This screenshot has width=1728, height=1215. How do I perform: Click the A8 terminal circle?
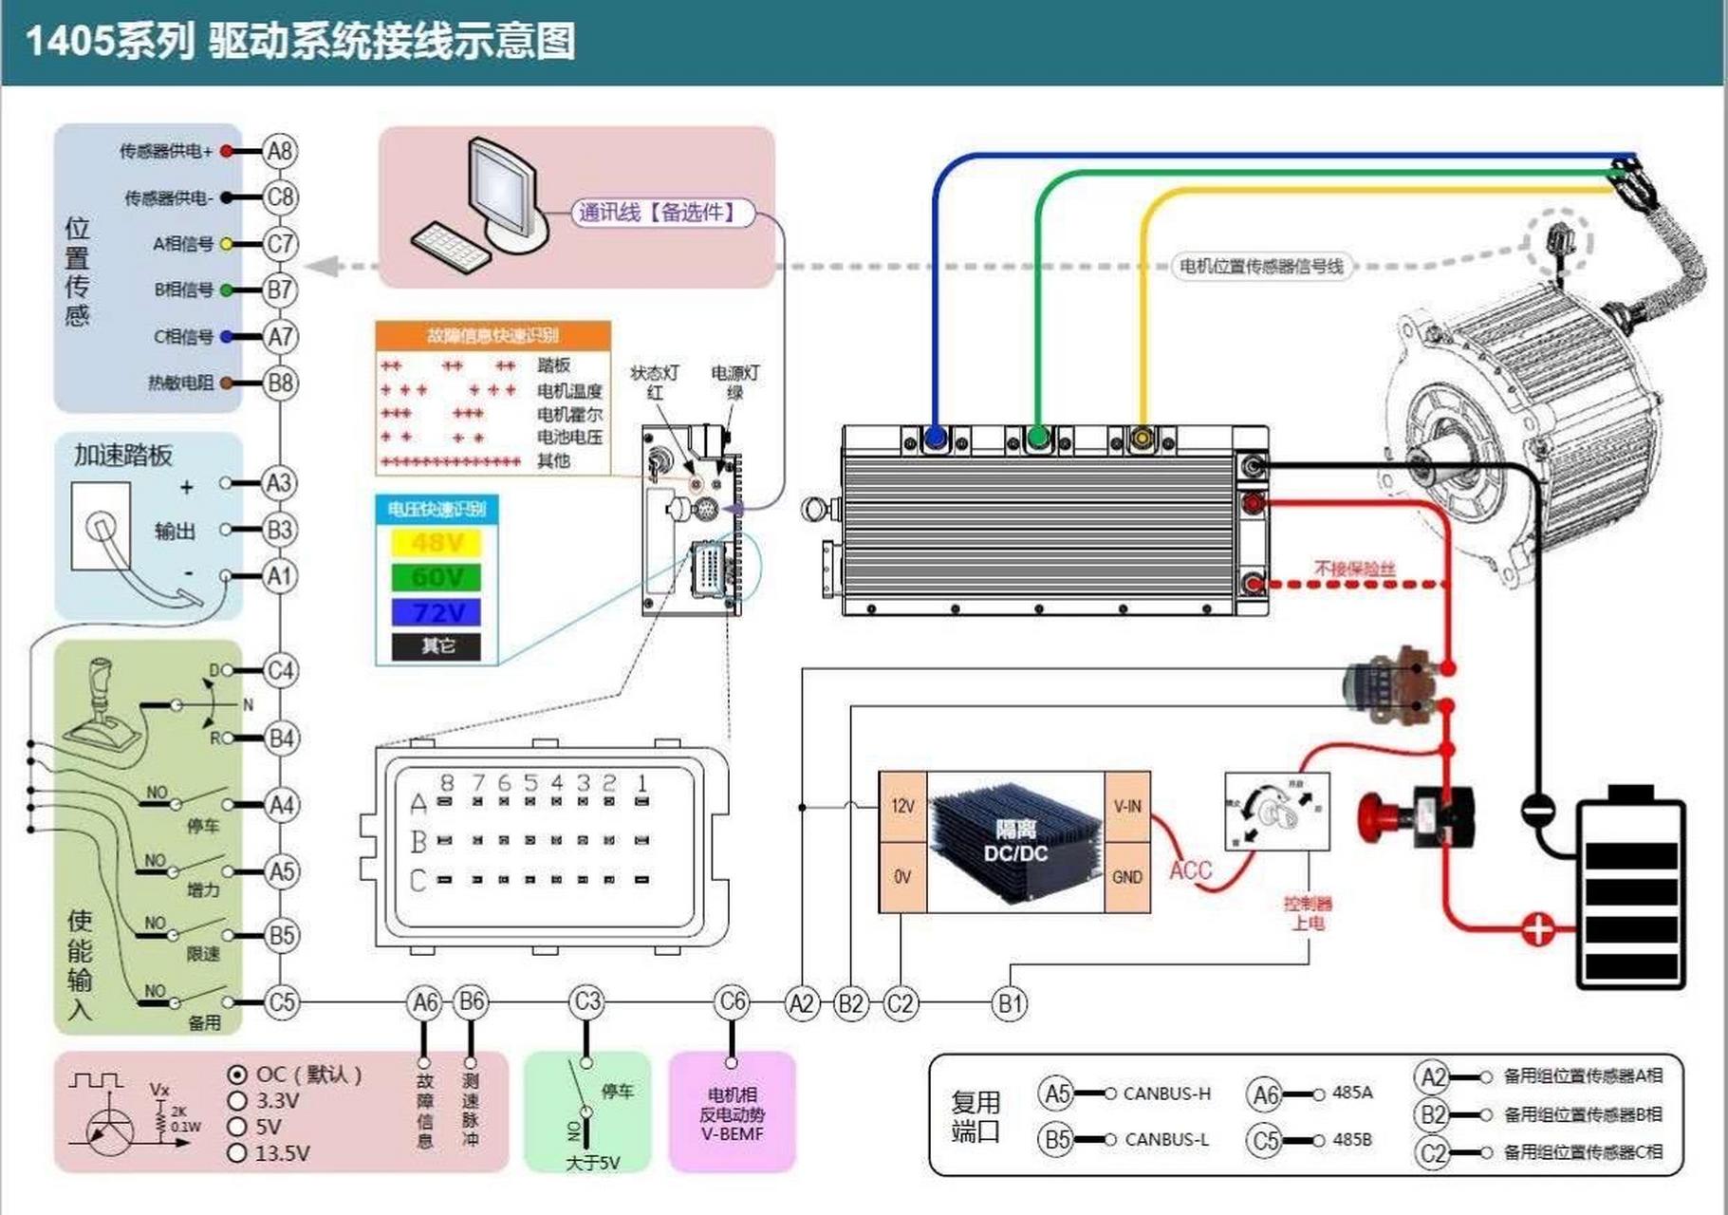pyautogui.click(x=280, y=151)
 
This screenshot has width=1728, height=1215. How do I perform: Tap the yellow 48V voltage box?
pyautogui.click(x=436, y=543)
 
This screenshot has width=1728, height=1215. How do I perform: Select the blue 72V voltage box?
pyautogui.click(x=436, y=612)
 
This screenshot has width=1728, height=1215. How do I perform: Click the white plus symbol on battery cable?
pyautogui.click(x=1536, y=928)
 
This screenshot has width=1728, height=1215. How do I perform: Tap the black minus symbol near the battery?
pyautogui.click(x=1537, y=809)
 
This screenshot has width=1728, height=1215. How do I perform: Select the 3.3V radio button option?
pyautogui.click(x=237, y=1101)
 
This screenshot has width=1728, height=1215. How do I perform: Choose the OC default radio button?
pyautogui.click(x=237, y=1075)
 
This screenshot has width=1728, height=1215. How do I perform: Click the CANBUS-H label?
pyautogui.click(x=1166, y=1093)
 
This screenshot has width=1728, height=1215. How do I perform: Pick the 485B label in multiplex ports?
pyautogui.click(x=1351, y=1139)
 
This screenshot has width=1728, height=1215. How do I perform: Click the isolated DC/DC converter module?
pyautogui.click(x=1015, y=842)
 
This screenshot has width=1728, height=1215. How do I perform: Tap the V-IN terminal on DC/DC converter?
pyautogui.click(x=1127, y=807)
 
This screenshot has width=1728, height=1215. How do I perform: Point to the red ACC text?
pyautogui.click(x=1190, y=869)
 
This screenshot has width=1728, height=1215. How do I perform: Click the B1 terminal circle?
pyautogui.click(x=1010, y=1003)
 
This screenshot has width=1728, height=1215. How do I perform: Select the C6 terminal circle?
pyautogui.click(x=732, y=1002)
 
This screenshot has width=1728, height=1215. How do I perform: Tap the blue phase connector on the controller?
pyautogui.click(x=936, y=439)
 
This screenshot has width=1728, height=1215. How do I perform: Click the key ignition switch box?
pyautogui.click(x=1276, y=812)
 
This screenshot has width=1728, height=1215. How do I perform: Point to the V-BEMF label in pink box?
pyautogui.click(x=732, y=1133)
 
